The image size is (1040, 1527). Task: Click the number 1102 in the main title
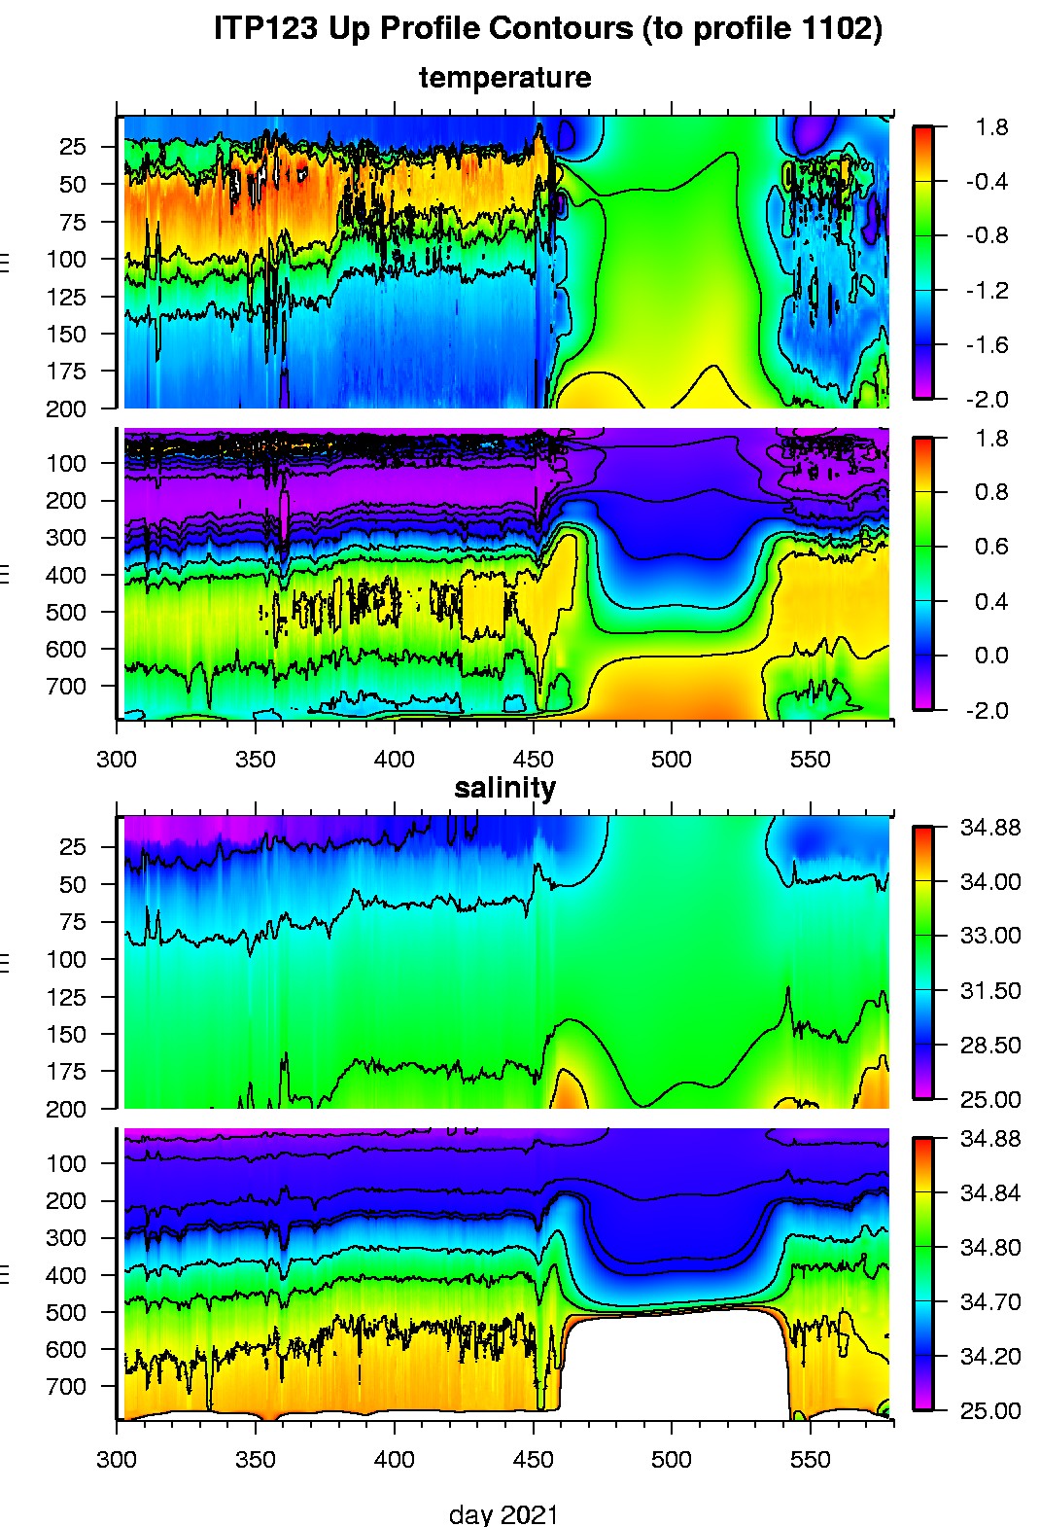point(836,29)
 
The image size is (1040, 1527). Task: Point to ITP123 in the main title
point(266,29)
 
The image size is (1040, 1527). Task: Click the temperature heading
point(504,78)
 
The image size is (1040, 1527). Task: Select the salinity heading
point(504,788)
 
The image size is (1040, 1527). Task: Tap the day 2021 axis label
point(503,1513)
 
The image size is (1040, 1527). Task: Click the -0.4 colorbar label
point(987,182)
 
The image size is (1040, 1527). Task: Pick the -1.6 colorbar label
point(987,345)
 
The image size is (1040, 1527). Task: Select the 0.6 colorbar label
point(990,547)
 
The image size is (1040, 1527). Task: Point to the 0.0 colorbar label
point(990,656)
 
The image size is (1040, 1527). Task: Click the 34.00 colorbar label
point(990,882)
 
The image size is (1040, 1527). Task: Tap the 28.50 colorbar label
point(990,1046)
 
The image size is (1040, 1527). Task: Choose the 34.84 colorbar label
point(990,1193)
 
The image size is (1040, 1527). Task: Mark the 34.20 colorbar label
point(990,1357)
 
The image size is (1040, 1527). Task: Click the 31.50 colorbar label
point(990,991)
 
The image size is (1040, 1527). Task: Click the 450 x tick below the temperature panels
point(533,759)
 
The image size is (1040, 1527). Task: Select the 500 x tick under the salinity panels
point(671,1459)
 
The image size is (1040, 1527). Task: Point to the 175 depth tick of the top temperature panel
point(66,372)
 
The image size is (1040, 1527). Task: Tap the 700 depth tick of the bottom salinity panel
point(66,1387)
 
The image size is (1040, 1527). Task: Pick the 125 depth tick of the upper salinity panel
point(66,998)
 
